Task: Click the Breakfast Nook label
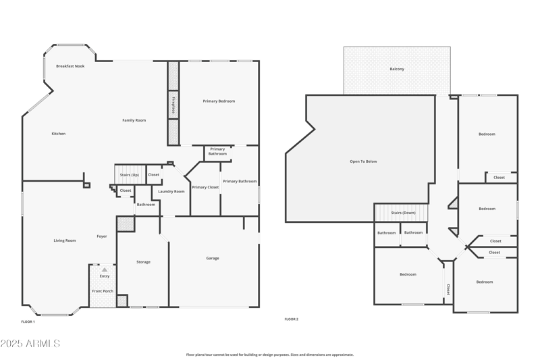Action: point(70,66)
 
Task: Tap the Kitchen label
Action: point(59,134)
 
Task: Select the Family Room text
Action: point(134,120)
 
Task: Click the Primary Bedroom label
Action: point(219,101)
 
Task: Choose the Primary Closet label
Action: point(205,187)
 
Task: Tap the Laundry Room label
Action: point(171,192)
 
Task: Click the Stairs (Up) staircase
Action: point(129,174)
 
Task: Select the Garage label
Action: point(212,258)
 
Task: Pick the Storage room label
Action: point(143,262)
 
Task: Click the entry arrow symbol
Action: point(105,269)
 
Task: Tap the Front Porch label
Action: point(103,291)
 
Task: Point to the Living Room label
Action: point(65,240)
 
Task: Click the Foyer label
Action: point(102,236)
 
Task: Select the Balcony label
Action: point(397,69)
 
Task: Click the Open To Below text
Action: point(363,161)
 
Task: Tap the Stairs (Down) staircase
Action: point(403,213)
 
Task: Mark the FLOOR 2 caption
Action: point(291,319)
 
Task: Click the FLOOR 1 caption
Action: point(28,322)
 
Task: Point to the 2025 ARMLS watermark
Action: point(30,344)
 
